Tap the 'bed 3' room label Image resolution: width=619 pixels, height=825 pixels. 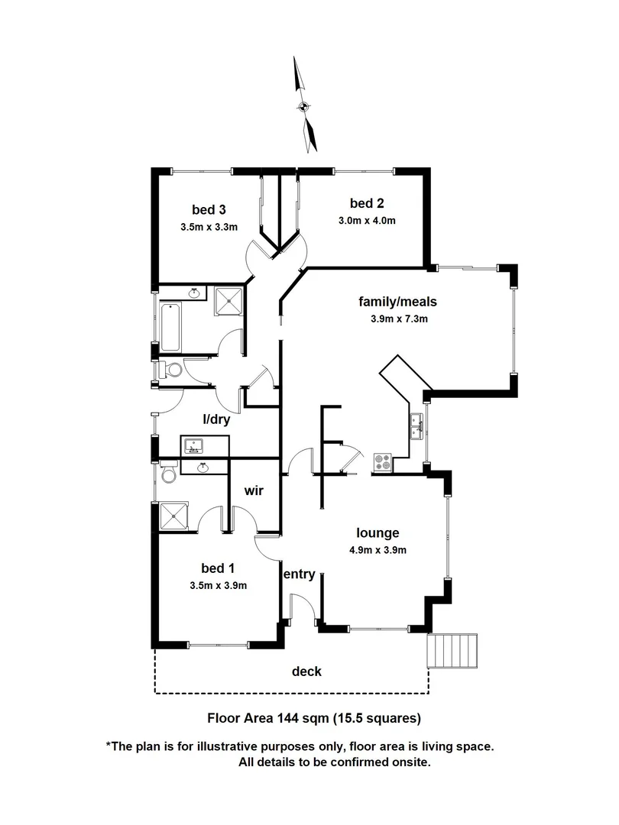point(209,209)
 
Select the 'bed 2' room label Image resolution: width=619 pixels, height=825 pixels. point(367,202)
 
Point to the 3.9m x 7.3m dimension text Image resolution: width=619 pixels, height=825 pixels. point(397,319)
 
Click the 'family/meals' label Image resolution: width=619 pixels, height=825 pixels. point(397,301)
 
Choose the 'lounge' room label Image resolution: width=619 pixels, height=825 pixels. point(378,532)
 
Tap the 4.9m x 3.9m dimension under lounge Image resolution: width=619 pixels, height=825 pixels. point(378,550)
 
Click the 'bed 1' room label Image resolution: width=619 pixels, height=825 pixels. point(218,568)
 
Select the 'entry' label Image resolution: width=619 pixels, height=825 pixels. point(299,574)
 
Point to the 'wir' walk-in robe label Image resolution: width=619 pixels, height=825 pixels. point(254,490)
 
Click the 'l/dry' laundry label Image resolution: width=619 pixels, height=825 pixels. point(216,419)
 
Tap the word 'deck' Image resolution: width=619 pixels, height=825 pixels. point(306,671)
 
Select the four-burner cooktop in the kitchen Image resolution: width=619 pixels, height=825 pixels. point(382,463)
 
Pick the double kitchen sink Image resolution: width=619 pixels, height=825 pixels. point(417,427)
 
